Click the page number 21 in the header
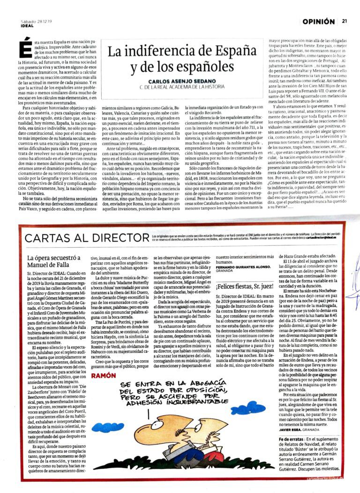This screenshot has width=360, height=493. [345, 21]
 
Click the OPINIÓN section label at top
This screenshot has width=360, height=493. [319, 22]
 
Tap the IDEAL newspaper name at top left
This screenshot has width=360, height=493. [27, 26]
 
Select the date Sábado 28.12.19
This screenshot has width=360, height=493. [37, 21]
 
